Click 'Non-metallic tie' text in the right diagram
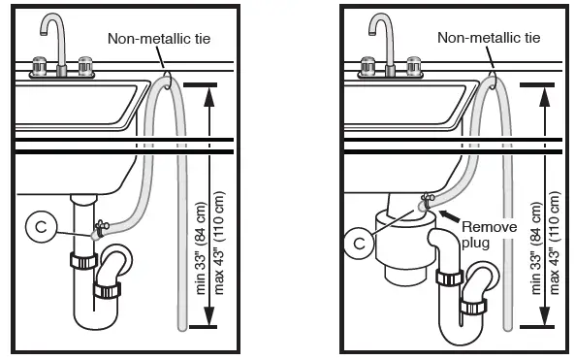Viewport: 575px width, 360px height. pos(486,38)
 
